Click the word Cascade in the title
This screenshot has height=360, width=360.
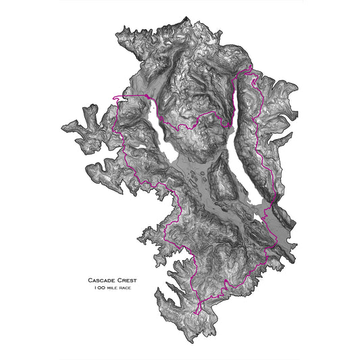(x=103, y=280)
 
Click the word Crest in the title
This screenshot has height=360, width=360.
(x=130, y=280)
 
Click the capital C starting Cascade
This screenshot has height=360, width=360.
(x=90, y=280)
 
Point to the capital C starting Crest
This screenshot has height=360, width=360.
(x=122, y=280)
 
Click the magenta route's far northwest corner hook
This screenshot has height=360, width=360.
(x=118, y=99)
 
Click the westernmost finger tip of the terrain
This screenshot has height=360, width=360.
(x=62, y=126)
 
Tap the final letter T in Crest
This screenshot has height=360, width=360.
(x=139, y=280)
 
